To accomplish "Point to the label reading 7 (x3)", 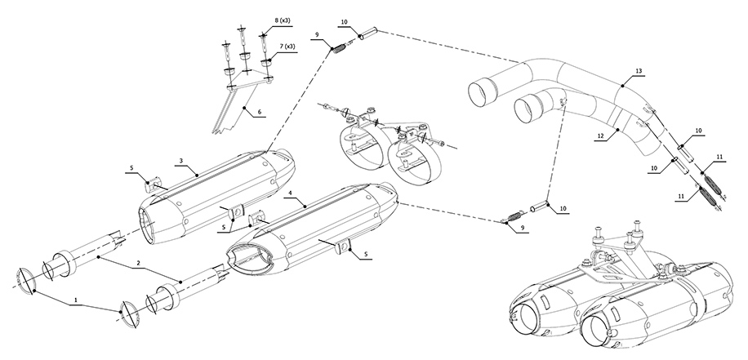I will pyautogui.click(x=284, y=47).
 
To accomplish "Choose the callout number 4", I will pyautogui.click(x=290, y=193).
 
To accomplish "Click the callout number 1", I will pyautogui.click(x=77, y=300).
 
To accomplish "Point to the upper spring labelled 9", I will pyautogui.click(x=338, y=47).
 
